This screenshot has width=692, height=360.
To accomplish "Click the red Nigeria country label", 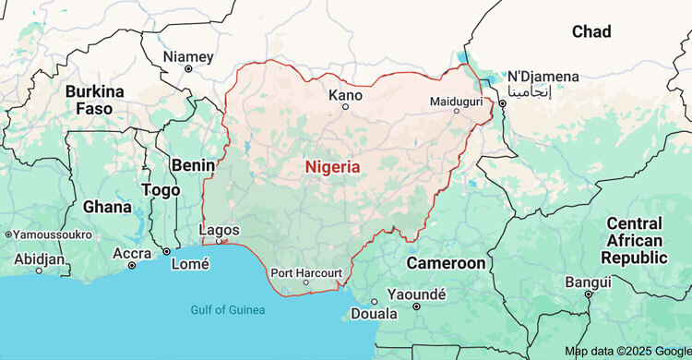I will (332, 167).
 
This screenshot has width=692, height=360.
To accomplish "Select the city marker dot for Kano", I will (346, 106).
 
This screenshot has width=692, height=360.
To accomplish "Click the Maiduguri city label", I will (456, 100).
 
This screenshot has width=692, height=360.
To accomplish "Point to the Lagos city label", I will (220, 230).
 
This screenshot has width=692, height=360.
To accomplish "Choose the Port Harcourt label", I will (306, 272).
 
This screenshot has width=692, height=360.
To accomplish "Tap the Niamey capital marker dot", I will (188, 68).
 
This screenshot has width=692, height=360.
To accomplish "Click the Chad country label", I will (591, 31).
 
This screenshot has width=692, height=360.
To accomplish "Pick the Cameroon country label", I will (447, 263).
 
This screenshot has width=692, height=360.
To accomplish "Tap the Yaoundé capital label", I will (416, 294).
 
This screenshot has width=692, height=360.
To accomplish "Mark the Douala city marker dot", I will (374, 302).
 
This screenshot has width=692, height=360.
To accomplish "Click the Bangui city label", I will (588, 282).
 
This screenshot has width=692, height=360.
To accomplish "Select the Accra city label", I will (132, 253).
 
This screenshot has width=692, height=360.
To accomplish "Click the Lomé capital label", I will (190, 264).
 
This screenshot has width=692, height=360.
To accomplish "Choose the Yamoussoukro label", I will (54, 234).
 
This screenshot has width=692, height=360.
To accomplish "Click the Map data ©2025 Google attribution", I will (626, 352).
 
